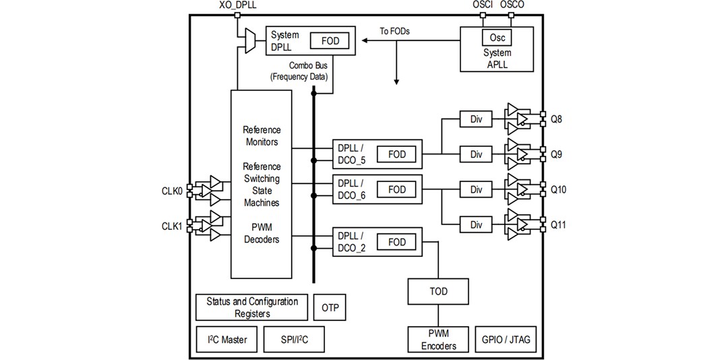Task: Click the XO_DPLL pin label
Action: [x=238, y=5]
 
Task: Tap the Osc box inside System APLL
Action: [x=497, y=38]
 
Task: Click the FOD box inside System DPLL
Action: [x=330, y=41]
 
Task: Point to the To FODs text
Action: [x=394, y=31]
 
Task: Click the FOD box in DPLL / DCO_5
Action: [x=397, y=154]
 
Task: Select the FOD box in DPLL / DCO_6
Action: [x=397, y=190]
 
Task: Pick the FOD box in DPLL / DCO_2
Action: [x=397, y=242]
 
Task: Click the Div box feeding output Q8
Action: [x=477, y=119]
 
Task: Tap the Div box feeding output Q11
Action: [x=477, y=224]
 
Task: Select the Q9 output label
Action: [x=557, y=154]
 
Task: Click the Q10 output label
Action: [x=559, y=189]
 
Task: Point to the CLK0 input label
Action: [x=172, y=191]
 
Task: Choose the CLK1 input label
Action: [x=172, y=226]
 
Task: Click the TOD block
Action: [x=438, y=291]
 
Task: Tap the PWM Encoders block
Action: [x=438, y=340]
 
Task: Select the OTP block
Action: [x=330, y=308]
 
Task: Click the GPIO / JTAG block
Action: [x=506, y=340]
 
